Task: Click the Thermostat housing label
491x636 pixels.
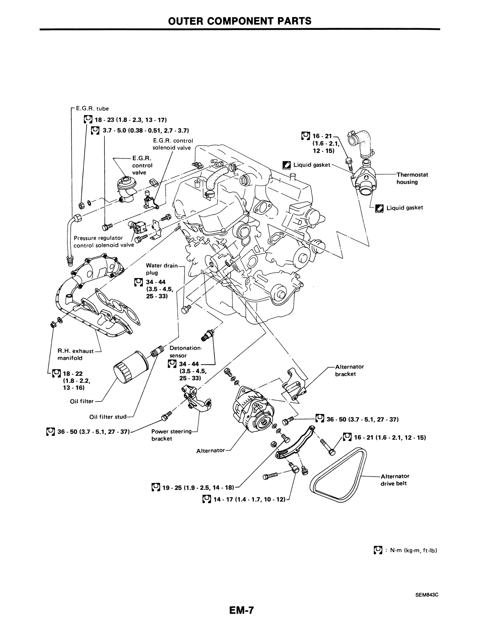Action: coord(412,178)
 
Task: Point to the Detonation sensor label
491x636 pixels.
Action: coord(185,352)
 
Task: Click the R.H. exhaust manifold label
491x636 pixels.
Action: coord(75,354)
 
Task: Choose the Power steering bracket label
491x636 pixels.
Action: coord(171,435)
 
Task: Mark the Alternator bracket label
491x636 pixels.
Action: coord(349,370)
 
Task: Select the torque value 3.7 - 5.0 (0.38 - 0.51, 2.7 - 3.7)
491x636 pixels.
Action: coord(144,130)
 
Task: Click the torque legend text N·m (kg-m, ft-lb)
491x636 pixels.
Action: coord(413,551)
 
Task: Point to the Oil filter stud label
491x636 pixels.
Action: coord(108,417)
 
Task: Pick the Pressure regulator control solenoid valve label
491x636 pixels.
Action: coord(104,242)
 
